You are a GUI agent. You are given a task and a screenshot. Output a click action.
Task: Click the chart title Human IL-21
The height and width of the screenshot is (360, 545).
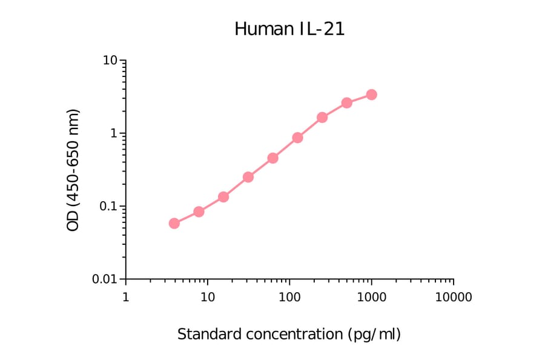pos(289,28)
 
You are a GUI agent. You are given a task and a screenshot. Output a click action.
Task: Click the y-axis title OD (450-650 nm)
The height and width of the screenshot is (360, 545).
pos(73,170)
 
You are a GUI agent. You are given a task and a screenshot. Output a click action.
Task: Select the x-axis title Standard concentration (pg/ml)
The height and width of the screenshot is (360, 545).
pos(289,334)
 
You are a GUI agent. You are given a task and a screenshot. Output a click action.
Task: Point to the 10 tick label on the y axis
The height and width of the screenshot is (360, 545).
pos(110,61)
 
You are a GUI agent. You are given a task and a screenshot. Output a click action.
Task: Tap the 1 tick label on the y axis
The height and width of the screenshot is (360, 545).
pos(114,133)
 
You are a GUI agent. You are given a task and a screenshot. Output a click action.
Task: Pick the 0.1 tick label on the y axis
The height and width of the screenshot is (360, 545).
pos(108,207)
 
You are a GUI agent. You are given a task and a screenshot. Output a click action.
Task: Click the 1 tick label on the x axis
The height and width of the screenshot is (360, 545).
pos(125,298)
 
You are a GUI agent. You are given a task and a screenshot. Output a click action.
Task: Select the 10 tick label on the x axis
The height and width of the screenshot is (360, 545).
pos(207,298)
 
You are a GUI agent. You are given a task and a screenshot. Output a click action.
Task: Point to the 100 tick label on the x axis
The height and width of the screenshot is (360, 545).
pos(289,298)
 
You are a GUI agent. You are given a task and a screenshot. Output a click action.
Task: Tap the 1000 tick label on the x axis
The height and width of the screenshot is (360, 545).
pos(371,298)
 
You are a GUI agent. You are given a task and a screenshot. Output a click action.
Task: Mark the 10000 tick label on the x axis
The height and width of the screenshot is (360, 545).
pos(453,298)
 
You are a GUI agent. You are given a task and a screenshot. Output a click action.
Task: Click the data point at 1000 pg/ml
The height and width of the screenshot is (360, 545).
pos(371,95)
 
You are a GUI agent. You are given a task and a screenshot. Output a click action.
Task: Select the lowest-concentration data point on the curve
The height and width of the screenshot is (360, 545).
pos(174,223)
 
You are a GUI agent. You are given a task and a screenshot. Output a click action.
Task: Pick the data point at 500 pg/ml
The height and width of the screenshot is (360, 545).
pos(346,103)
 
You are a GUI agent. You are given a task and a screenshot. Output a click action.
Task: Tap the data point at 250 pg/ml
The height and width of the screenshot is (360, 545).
pos(322,117)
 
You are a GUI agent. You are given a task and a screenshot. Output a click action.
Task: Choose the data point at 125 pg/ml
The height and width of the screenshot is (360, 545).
pos(297,138)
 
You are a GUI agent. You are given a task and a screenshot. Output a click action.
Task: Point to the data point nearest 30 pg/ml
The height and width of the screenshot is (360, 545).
pos(248,177)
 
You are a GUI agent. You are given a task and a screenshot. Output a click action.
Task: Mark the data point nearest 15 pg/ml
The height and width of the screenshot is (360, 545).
pos(223,197)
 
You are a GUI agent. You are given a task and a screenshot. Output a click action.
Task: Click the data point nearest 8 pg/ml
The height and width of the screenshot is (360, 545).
pos(199,212)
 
